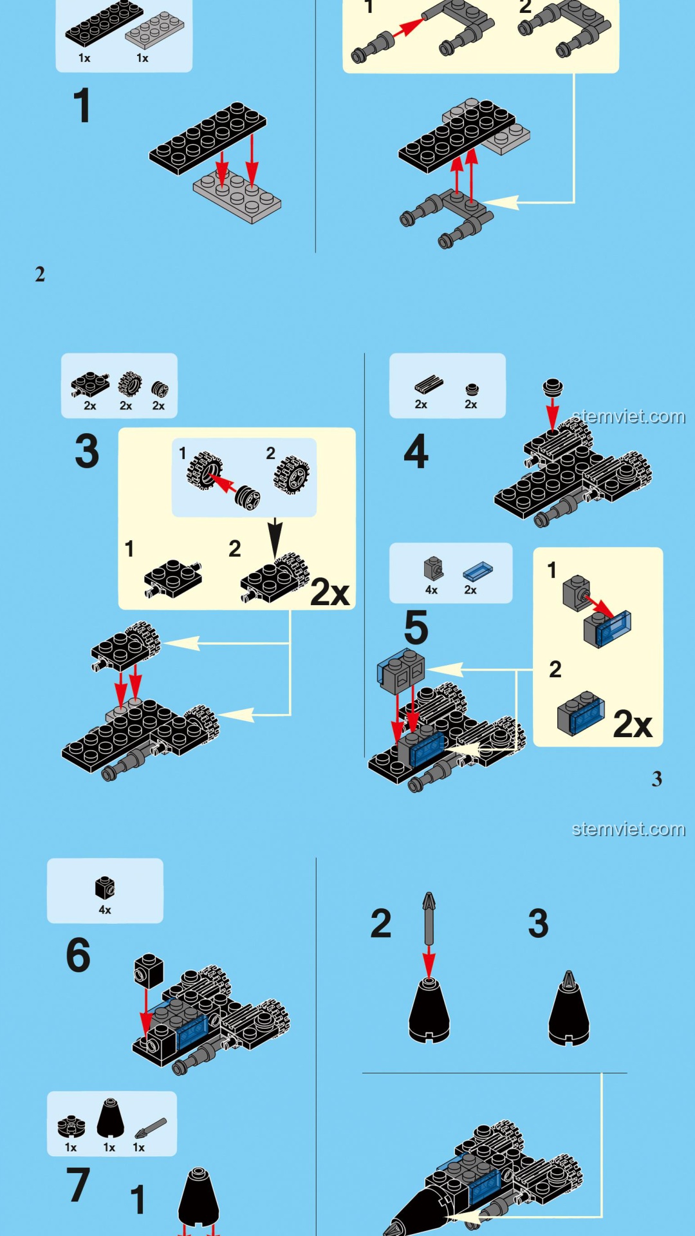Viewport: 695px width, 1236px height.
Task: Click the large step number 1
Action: click(x=82, y=106)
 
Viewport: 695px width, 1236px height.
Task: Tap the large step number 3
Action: click(x=87, y=451)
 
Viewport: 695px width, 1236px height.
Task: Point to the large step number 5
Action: click(x=416, y=627)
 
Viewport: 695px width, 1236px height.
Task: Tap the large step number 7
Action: click(x=78, y=1184)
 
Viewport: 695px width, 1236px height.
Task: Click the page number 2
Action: click(x=40, y=274)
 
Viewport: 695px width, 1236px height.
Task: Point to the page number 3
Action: click(x=656, y=779)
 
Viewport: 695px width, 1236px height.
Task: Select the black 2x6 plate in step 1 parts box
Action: click(x=104, y=23)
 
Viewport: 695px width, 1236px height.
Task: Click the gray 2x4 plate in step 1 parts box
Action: click(x=154, y=30)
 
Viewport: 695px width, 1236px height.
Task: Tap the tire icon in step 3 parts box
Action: click(x=130, y=384)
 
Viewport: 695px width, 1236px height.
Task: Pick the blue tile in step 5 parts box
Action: click(x=477, y=571)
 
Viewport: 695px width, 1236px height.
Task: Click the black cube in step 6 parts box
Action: click(x=105, y=888)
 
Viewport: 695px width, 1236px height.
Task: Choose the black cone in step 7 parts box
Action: click(x=110, y=1118)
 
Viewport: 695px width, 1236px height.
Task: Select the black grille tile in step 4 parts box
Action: click(x=429, y=384)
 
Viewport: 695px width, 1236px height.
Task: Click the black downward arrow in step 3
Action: click(x=275, y=538)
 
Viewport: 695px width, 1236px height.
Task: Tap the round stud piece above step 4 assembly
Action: click(x=552, y=387)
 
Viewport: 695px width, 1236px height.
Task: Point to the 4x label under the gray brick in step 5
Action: click(x=431, y=590)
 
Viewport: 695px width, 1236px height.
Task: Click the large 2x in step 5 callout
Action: click(x=633, y=724)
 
